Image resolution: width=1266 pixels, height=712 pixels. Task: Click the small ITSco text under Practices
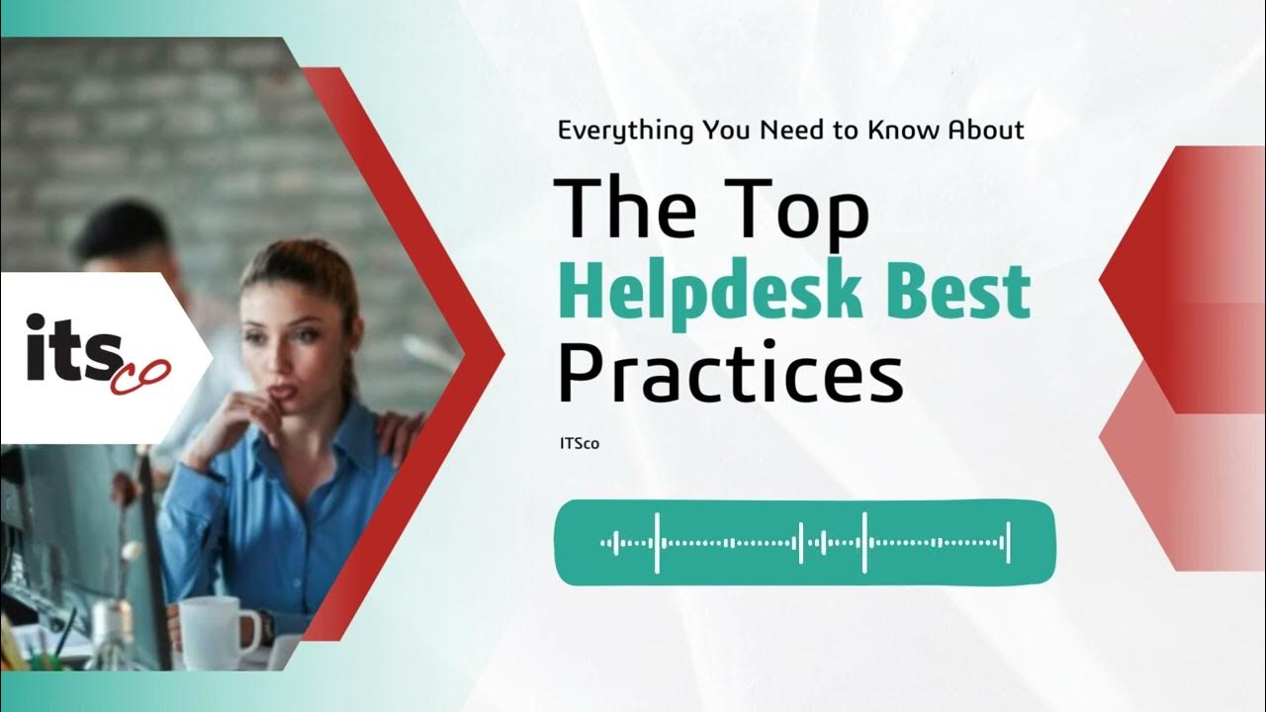[579, 444]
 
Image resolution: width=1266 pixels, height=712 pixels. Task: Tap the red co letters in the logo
[141, 375]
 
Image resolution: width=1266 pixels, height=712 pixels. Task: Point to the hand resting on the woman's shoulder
[400, 435]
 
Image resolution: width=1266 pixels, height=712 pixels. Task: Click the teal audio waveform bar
[805, 542]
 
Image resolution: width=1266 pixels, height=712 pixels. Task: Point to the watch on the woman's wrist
[266, 627]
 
